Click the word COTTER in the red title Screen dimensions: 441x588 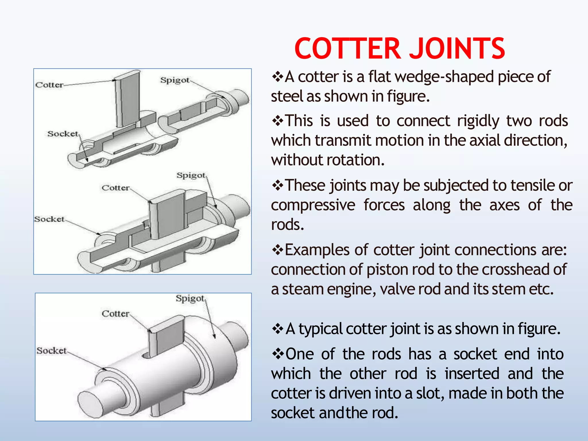tap(347, 49)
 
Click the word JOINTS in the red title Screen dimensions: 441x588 tap(457, 49)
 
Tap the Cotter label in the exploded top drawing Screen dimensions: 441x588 tap(49, 85)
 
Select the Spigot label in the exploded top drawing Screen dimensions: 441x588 tap(175, 80)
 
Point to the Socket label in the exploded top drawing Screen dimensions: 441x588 tap(63, 134)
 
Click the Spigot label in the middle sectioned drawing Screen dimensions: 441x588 tap(191, 175)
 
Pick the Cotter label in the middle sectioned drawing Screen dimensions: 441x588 tap(116, 188)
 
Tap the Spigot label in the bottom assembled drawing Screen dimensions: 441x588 tap(190, 299)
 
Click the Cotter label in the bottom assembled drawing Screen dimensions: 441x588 tap(116, 314)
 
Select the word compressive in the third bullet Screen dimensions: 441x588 tap(313, 205)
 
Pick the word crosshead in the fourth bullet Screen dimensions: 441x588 tap(512, 270)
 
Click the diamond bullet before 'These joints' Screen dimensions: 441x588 tap(277, 185)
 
